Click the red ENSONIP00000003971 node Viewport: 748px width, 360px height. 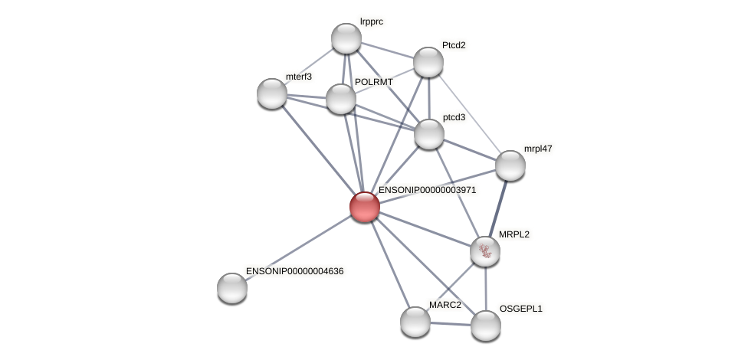(365, 206)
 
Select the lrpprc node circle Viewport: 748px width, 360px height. (346, 38)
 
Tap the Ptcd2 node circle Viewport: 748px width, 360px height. (428, 62)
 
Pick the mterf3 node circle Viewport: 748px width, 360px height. (272, 93)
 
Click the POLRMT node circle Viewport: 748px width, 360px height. (341, 99)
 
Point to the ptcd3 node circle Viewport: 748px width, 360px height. (429, 134)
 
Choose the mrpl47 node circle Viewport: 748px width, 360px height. (510, 165)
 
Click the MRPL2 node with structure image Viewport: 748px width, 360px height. (485, 251)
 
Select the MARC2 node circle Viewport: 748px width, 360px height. (415, 322)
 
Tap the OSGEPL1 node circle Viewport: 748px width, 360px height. (486, 326)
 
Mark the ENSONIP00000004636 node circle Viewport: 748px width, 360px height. (232, 288)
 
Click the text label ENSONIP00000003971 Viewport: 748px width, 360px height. (427, 190)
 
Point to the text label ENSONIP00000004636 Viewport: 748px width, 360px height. (294, 271)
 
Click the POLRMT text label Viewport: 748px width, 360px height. (373, 82)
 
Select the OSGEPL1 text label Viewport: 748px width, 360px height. (520, 309)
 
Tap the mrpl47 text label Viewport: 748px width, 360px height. (538, 149)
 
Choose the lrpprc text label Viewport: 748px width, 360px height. (371, 21)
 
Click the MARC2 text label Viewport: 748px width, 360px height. (445, 305)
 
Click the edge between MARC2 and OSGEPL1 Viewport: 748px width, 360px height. (451, 324)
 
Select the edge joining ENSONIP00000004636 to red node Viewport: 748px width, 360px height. (298, 247)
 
